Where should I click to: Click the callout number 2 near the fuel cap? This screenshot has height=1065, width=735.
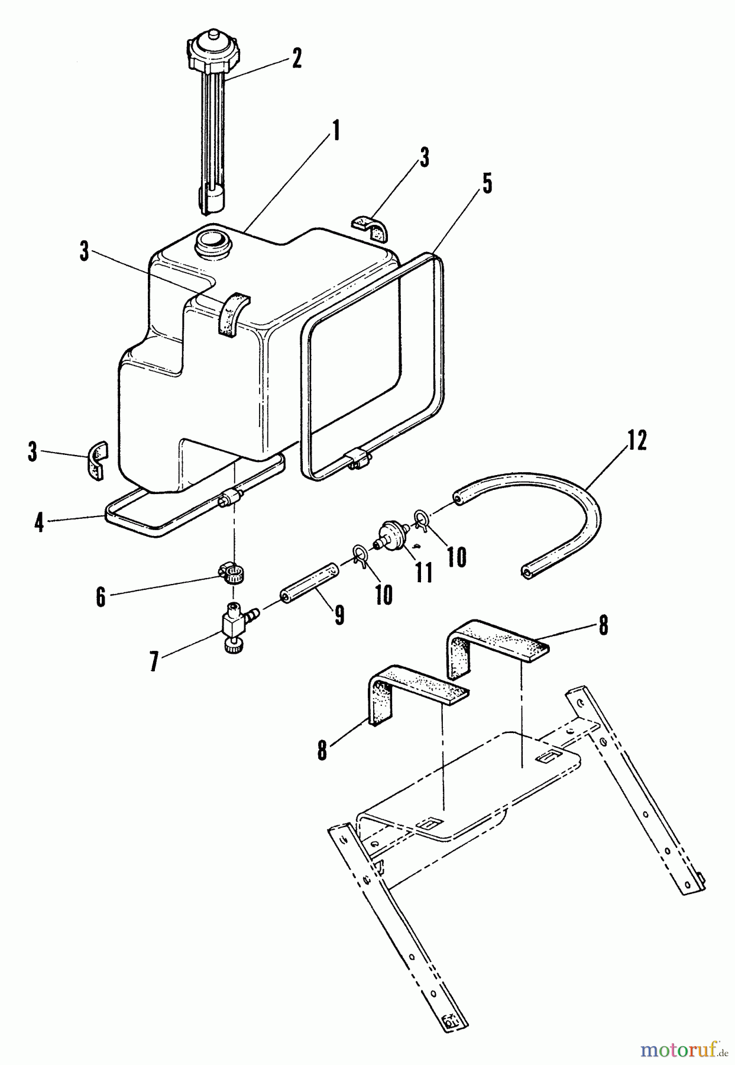click(x=296, y=59)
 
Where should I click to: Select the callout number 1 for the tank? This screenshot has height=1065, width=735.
click(x=336, y=131)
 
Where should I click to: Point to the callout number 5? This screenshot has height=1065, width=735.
click(x=486, y=184)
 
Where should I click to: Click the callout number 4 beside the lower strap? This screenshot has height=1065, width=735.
click(x=39, y=522)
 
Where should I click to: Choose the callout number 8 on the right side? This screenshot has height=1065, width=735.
click(x=603, y=626)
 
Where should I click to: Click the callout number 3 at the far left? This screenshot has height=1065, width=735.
click(x=32, y=454)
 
